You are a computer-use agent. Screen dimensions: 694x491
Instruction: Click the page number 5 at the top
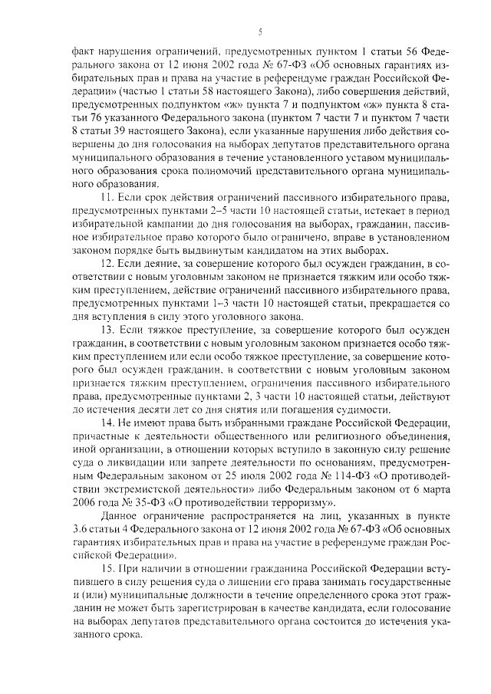coord(260,31)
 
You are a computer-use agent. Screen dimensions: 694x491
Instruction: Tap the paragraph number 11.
coord(108,199)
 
